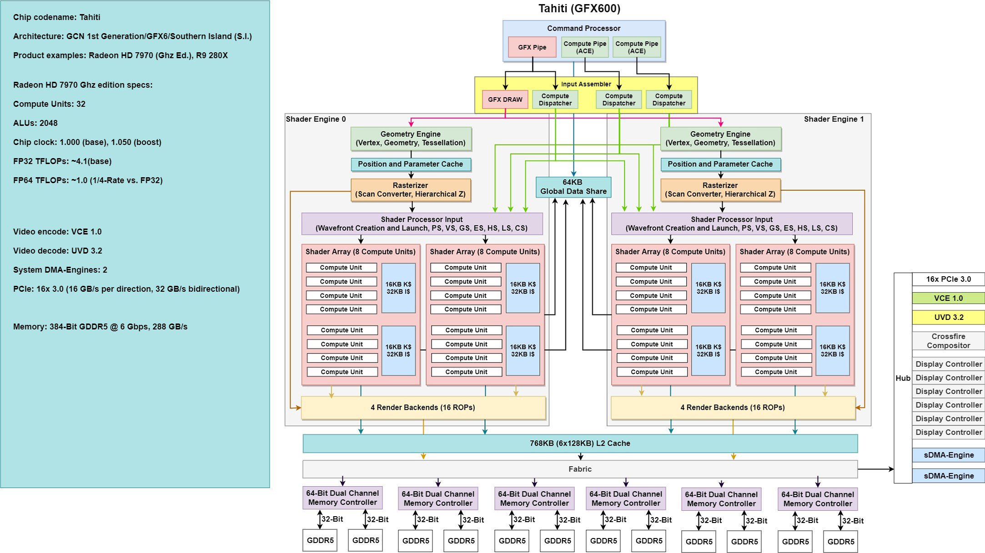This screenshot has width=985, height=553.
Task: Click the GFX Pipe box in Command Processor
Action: [532, 47]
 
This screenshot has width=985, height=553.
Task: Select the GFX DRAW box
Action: [505, 100]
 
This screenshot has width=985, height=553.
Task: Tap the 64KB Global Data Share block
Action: [573, 187]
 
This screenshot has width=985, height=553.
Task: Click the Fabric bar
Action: [580, 469]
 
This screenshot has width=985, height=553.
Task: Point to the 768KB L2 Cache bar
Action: [580, 443]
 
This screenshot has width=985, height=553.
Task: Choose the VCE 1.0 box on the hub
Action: [948, 298]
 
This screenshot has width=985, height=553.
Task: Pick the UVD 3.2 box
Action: [948, 317]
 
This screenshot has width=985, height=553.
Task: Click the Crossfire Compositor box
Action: [948, 341]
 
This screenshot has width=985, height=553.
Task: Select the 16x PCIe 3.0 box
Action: [948, 279]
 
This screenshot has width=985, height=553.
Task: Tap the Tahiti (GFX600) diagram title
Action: [579, 9]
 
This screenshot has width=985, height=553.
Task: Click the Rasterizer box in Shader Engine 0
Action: [410, 190]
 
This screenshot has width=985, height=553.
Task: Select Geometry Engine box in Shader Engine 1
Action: [720, 139]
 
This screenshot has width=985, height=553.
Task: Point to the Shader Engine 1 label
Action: [834, 119]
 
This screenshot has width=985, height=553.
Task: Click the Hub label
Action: [903, 378]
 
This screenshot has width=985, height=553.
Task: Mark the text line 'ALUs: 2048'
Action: [35, 123]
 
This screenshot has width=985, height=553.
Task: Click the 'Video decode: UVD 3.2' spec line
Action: [58, 251]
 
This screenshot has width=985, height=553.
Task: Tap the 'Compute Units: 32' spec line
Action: [49, 104]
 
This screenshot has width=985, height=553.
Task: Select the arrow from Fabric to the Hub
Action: [875, 469]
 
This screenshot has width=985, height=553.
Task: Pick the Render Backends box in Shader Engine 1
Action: [733, 408]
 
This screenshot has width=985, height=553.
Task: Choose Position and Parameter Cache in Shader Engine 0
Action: [410, 164]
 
